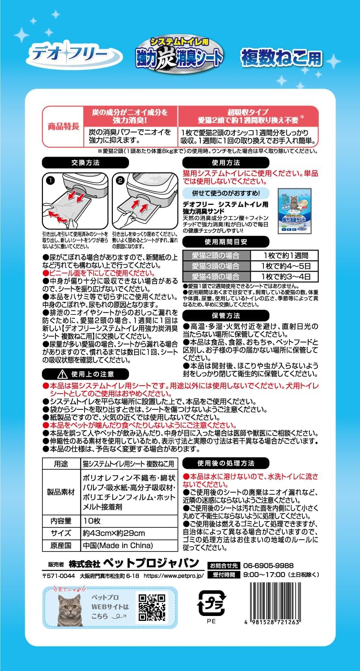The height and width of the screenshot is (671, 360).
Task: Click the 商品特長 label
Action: (63, 126)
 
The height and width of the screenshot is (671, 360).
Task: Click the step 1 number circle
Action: (51, 181)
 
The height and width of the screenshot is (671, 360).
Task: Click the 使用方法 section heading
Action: (226, 163)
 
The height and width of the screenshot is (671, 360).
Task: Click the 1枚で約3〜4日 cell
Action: (285, 276)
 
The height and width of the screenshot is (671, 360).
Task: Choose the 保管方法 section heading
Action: (226, 314)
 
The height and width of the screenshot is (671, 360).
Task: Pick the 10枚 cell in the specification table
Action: (92, 521)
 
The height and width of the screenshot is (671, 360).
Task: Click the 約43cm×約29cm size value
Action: (114, 533)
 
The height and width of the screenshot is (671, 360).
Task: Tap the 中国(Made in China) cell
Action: (118, 546)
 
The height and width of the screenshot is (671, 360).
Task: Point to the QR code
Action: (152, 607)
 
